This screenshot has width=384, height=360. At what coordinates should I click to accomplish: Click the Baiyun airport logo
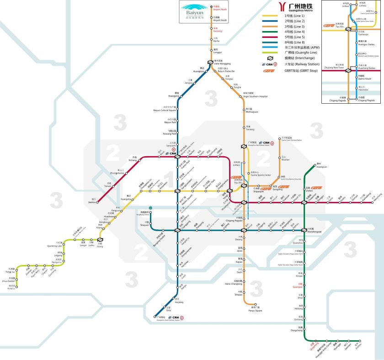click(194, 12)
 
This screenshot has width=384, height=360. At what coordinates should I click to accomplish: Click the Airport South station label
click(220, 19)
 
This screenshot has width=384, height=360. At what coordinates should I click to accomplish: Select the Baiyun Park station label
click(171, 122)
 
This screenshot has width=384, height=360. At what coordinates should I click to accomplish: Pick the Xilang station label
click(100, 246)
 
